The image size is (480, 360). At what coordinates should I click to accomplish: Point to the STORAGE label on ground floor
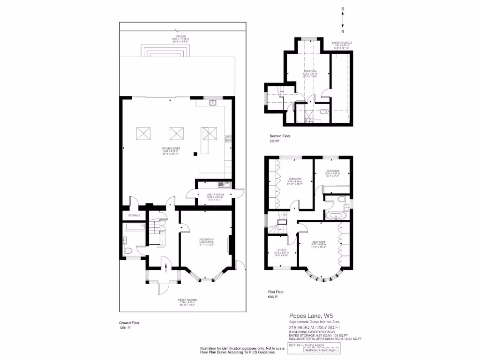click(135, 215)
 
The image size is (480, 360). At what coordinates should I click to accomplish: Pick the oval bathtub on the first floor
click(336, 216)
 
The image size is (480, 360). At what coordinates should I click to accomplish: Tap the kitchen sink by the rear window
click(212, 103)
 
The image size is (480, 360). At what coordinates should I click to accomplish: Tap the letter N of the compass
click(343, 31)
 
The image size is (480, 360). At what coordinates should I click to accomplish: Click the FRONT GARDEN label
click(187, 300)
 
